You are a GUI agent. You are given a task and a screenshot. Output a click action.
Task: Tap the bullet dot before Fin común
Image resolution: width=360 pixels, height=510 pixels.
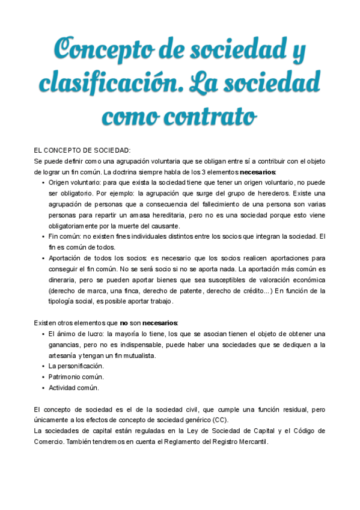coord(43,237)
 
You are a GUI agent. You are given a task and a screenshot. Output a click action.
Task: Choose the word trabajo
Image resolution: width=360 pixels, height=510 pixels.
coord(159,302)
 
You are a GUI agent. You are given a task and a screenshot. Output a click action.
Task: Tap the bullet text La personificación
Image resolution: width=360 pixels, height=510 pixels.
coord(76,366)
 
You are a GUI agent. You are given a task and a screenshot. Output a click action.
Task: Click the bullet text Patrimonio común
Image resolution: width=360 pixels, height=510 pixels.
coord(76,377)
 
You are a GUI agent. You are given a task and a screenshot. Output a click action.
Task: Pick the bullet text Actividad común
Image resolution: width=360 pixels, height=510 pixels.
coord(74,388)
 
